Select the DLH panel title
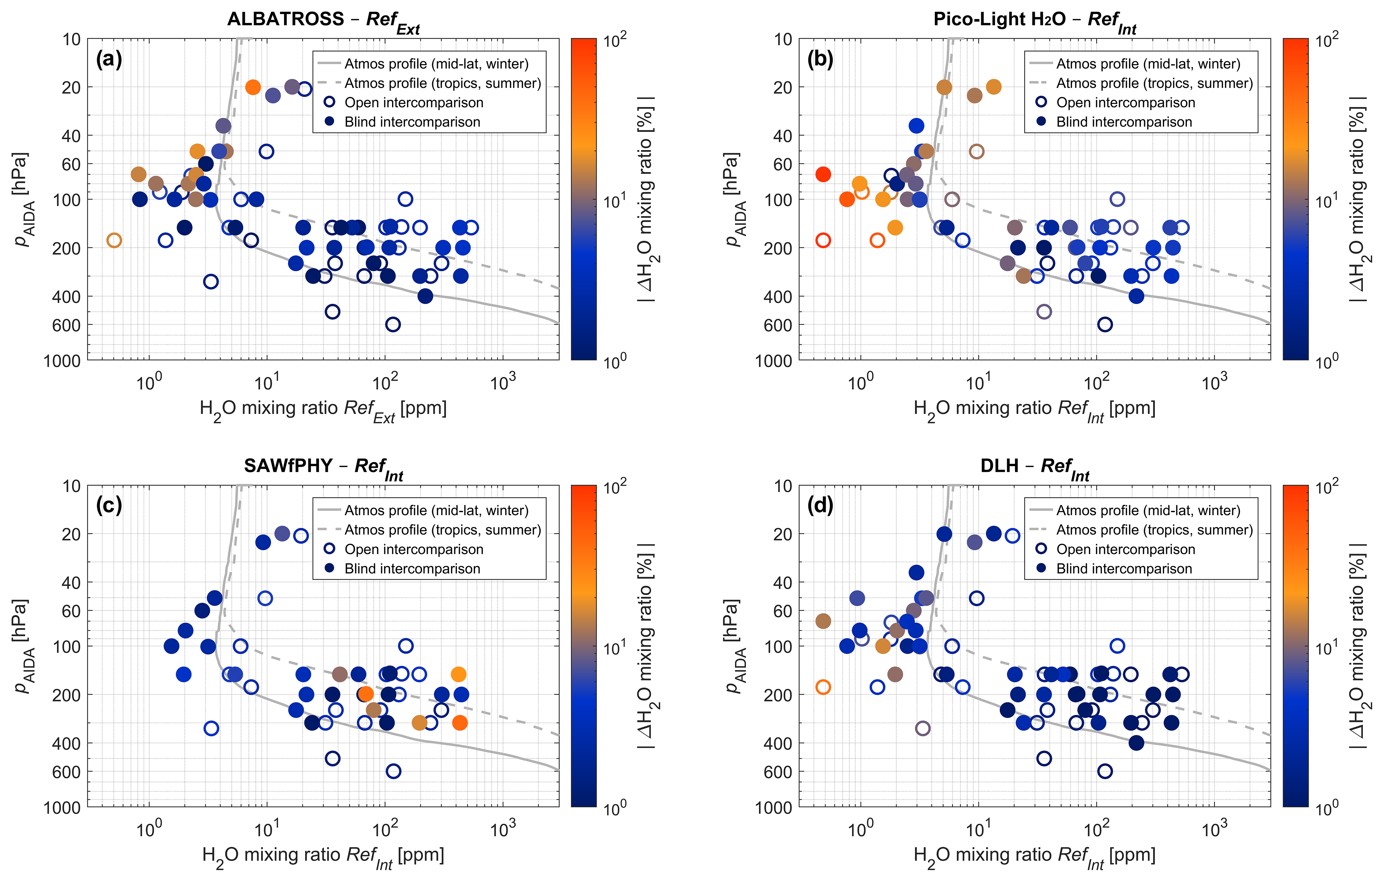tap(1034, 467)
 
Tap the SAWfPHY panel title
tap(324, 467)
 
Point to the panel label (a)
tap(109, 59)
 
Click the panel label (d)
tap(820, 506)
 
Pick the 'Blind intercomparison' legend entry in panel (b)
tap(1124, 122)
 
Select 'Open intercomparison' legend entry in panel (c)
tap(414, 549)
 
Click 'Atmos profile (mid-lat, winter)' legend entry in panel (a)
tap(436, 64)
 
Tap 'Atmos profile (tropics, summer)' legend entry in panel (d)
tap(1154, 530)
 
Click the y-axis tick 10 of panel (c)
tap(71, 486)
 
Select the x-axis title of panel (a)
tap(323, 410)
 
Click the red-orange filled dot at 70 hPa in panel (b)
tap(823, 174)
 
